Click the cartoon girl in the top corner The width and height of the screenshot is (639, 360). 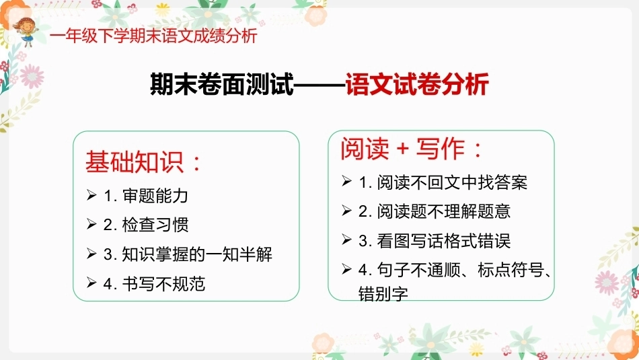coord(26,32)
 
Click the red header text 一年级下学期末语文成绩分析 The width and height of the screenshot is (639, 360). coord(153,36)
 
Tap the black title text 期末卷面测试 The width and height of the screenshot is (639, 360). coord(222,84)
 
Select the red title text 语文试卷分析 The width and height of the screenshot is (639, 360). coord(417,84)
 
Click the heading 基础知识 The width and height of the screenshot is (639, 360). coord(135,162)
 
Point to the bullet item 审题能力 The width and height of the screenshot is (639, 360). coord(155,196)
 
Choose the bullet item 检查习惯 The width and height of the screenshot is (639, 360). coord(155,225)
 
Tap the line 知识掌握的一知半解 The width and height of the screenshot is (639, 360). coord(197,254)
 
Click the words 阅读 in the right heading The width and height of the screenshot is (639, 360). coord(365,149)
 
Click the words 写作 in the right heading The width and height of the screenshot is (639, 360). coord(441,149)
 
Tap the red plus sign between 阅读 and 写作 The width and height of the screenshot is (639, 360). coord(403,149)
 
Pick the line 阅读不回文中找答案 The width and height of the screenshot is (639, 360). coord(453,182)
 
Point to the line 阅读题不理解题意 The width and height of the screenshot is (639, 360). coord(444,211)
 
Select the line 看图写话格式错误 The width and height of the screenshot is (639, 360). coord(444,240)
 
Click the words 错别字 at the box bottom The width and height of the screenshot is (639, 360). coord(383,293)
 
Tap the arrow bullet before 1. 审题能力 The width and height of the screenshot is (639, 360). coord(91,195)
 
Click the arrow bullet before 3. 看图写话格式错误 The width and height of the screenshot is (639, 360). coord(346,240)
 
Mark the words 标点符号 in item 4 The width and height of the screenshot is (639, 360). coord(511,269)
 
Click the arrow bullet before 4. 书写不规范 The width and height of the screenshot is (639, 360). coord(91,283)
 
